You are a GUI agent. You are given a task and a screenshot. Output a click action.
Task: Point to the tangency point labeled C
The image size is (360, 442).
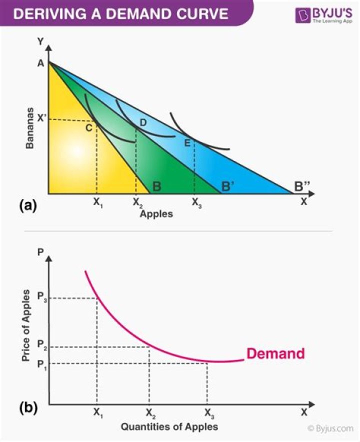pyautogui.click(x=88, y=127)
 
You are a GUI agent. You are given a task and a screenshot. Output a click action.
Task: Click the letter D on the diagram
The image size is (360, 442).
pyautogui.click(x=143, y=122)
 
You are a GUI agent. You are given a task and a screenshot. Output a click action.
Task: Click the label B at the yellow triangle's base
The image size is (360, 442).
pyautogui.click(x=156, y=187)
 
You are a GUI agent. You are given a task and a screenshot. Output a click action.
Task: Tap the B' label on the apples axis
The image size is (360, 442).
pyautogui.click(x=228, y=187)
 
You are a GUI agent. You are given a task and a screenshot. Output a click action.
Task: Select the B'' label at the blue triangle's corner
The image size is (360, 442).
pyautogui.click(x=302, y=186)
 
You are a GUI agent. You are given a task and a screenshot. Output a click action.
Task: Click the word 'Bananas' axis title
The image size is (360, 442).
pyautogui.click(x=30, y=127)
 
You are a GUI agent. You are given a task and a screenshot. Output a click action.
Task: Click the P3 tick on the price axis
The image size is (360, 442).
pyautogui.click(x=41, y=298)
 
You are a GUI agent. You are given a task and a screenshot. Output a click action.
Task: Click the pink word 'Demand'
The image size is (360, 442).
pyautogui.click(x=275, y=353)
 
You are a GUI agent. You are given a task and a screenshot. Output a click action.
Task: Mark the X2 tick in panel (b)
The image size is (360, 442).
pyautogui.click(x=150, y=412)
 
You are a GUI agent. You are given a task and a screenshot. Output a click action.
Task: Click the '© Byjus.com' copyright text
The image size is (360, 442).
pyautogui.click(x=330, y=428)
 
